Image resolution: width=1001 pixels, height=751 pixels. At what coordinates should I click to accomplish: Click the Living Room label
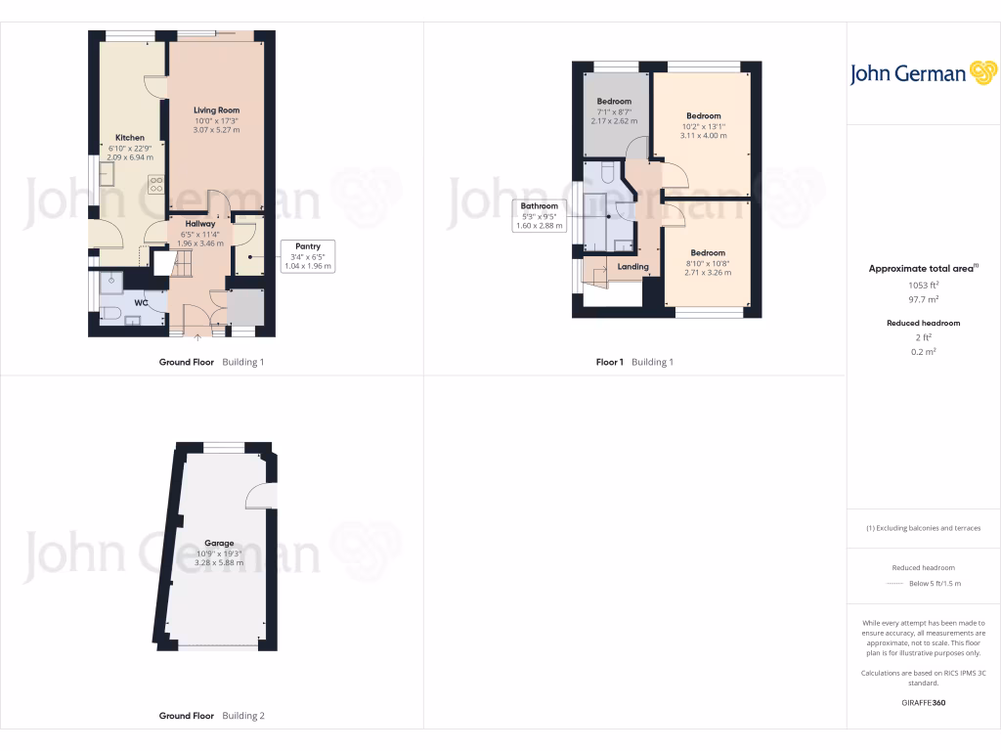point(216,110)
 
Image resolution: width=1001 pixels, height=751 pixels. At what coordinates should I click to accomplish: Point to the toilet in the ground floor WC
point(110,314)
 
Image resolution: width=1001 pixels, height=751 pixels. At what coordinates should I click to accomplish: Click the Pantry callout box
point(307,255)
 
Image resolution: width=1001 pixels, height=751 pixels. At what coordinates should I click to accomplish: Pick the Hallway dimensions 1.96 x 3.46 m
point(199,243)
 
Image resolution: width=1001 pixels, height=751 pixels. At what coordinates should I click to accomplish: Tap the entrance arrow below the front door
point(198,338)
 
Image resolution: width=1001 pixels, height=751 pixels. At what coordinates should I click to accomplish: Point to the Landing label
point(632,266)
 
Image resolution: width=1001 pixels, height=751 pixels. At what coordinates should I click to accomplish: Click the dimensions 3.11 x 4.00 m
point(703,136)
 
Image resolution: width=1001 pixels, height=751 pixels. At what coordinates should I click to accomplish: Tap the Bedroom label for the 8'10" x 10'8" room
point(708,252)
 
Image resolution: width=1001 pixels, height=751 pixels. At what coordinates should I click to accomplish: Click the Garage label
point(218,543)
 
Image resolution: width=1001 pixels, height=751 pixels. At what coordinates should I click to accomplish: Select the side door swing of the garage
point(261,497)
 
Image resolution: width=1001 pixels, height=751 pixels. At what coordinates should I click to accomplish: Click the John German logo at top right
point(922,73)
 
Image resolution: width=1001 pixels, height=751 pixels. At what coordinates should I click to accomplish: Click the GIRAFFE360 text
point(924,702)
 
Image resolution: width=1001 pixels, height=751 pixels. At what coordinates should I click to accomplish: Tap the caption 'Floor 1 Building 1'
point(634,362)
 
